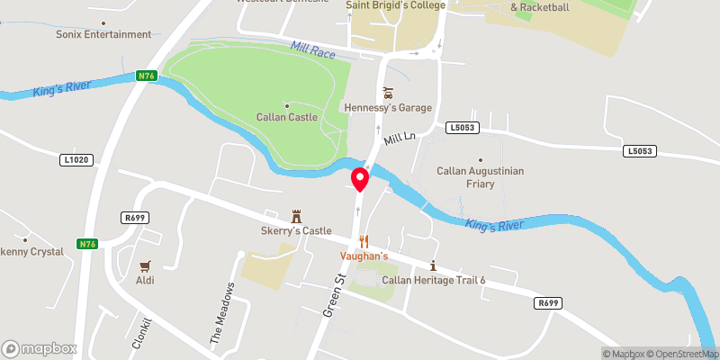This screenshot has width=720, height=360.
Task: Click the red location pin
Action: coord(360,178)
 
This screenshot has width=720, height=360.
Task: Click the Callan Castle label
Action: coord(287,118)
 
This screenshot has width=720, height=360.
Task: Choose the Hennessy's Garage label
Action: coord(388,108)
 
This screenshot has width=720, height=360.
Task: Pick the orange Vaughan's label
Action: coord(364,256)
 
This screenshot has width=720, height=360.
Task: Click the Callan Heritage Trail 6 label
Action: coord(433,280)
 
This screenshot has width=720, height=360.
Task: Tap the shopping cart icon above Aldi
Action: coord(145,265)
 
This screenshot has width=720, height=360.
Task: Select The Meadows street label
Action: coord(222,314)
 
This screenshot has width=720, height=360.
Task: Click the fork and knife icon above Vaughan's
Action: coord(364,241)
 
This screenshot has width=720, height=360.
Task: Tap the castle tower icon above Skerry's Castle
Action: coord(295,216)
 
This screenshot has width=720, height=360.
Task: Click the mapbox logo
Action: coord(40,348)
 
